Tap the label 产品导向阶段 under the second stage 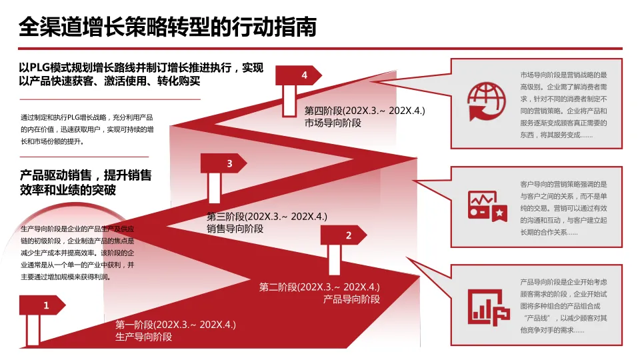pyautogui.click(x=351, y=299)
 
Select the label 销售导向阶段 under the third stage pyautogui.click(x=235, y=229)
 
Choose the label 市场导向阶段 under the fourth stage pyautogui.click(x=333, y=123)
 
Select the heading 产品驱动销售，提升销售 pyautogui.click(x=85, y=176)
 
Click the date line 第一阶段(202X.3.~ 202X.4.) pyautogui.click(x=176, y=325)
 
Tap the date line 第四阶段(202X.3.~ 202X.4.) pyautogui.click(x=365, y=111)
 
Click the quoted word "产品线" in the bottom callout pyautogui.click(x=535, y=317)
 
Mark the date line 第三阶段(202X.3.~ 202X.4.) pyautogui.click(x=267, y=217)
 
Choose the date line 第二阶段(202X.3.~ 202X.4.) pyautogui.click(x=319, y=287)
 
